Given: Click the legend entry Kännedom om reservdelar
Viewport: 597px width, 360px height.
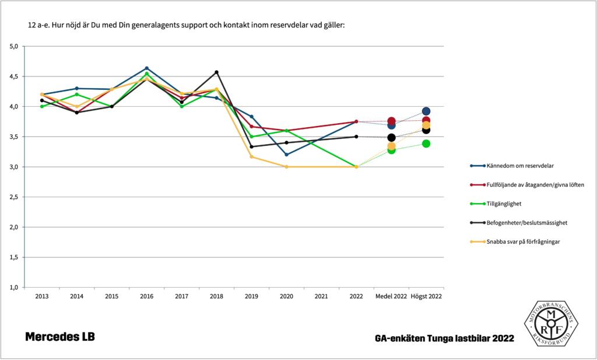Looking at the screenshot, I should click(518, 166).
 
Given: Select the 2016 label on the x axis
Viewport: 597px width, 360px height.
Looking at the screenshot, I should click(147, 296).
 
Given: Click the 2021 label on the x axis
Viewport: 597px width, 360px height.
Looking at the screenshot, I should click(322, 296).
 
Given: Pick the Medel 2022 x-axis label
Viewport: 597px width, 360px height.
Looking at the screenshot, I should click(391, 296).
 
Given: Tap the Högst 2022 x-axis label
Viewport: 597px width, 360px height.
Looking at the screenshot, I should click(426, 296).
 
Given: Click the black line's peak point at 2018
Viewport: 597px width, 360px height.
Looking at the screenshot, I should click(217, 72).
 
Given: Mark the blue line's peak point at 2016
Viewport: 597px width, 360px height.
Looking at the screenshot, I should click(147, 68).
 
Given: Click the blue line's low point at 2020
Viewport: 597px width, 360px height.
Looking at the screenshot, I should click(287, 155).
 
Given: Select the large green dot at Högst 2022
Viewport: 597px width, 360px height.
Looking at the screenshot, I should click(426, 144).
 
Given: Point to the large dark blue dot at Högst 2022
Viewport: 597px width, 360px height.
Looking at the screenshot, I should click(426, 111).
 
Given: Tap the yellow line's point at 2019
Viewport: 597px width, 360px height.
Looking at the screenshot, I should click(252, 156).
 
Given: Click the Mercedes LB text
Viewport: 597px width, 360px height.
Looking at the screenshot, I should click(59, 337).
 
